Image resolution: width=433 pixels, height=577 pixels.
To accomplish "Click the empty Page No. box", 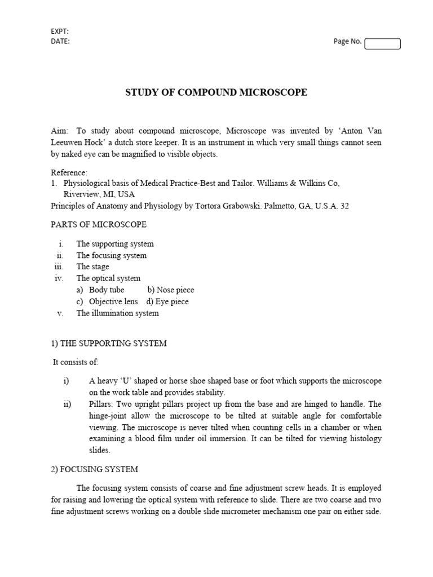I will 382,43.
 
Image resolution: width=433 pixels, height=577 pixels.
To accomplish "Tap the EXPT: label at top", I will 60,32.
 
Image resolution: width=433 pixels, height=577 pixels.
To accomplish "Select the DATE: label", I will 60,41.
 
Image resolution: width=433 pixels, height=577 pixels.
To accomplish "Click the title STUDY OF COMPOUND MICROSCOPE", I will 216,92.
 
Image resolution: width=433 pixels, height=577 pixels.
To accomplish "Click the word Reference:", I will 69,172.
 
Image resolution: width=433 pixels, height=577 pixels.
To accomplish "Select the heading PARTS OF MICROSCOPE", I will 99,224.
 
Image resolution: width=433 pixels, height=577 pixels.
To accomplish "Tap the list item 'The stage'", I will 93,267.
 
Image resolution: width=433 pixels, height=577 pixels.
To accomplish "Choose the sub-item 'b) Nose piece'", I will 171,290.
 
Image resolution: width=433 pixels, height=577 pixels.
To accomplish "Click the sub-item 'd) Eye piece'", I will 167,301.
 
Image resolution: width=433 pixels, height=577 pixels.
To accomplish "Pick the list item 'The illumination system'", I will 117,313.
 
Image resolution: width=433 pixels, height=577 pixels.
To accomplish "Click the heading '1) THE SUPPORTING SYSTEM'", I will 109,343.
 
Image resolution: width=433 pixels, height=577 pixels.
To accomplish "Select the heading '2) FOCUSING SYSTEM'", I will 94,469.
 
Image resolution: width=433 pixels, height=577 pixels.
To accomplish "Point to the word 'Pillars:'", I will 103,404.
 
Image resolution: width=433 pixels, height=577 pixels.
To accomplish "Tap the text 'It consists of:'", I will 76,362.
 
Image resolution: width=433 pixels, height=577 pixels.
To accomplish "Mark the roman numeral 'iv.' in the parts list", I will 59,278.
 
